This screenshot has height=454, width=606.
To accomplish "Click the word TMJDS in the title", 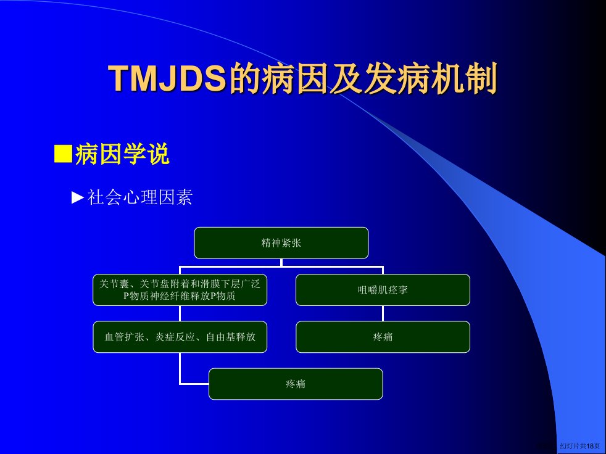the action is click(167, 78).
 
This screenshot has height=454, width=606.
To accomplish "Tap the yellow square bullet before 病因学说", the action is click(63, 154).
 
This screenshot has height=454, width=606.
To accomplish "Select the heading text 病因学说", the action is click(122, 154).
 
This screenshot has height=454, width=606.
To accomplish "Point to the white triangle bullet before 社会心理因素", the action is click(78, 197).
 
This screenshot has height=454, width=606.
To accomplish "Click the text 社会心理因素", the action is click(139, 197).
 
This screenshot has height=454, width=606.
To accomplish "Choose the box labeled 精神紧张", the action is click(281, 242).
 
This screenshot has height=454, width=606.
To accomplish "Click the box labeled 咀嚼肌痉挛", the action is click(383, 290).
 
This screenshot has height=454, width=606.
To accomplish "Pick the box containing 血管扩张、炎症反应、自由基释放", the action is click(180, 337).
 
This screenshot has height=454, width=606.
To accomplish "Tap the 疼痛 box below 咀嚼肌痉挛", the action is click(383, 337).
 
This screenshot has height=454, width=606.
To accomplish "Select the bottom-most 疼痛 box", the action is click(296, 384).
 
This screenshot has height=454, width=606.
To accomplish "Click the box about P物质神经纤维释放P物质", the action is click(180, 290).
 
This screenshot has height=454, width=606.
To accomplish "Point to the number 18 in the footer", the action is click(590, 446).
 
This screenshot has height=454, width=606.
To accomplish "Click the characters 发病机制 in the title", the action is click(431, 78).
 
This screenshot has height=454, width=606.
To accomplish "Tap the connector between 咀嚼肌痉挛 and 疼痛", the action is click(383, 313).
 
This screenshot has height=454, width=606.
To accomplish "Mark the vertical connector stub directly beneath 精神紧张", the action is click(281, 262).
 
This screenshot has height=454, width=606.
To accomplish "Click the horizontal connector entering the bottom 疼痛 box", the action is click(194, 384).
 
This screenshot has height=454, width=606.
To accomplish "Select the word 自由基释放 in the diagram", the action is click(231, 337).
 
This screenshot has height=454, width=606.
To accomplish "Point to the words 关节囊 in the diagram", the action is click(114, 284).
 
